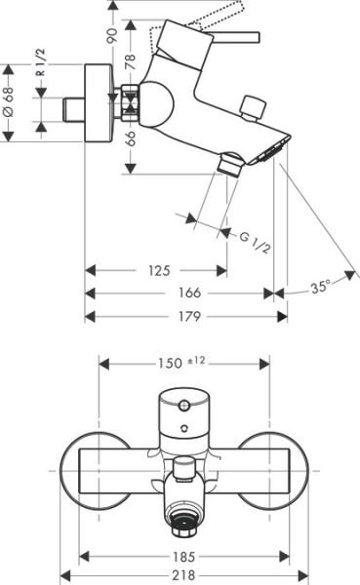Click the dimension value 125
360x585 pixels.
[x=159, y=270]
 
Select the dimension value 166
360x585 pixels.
[x=189, y=292]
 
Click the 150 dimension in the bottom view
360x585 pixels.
[x=170, y=363]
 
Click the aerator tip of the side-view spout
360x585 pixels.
[x=277, y=149]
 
